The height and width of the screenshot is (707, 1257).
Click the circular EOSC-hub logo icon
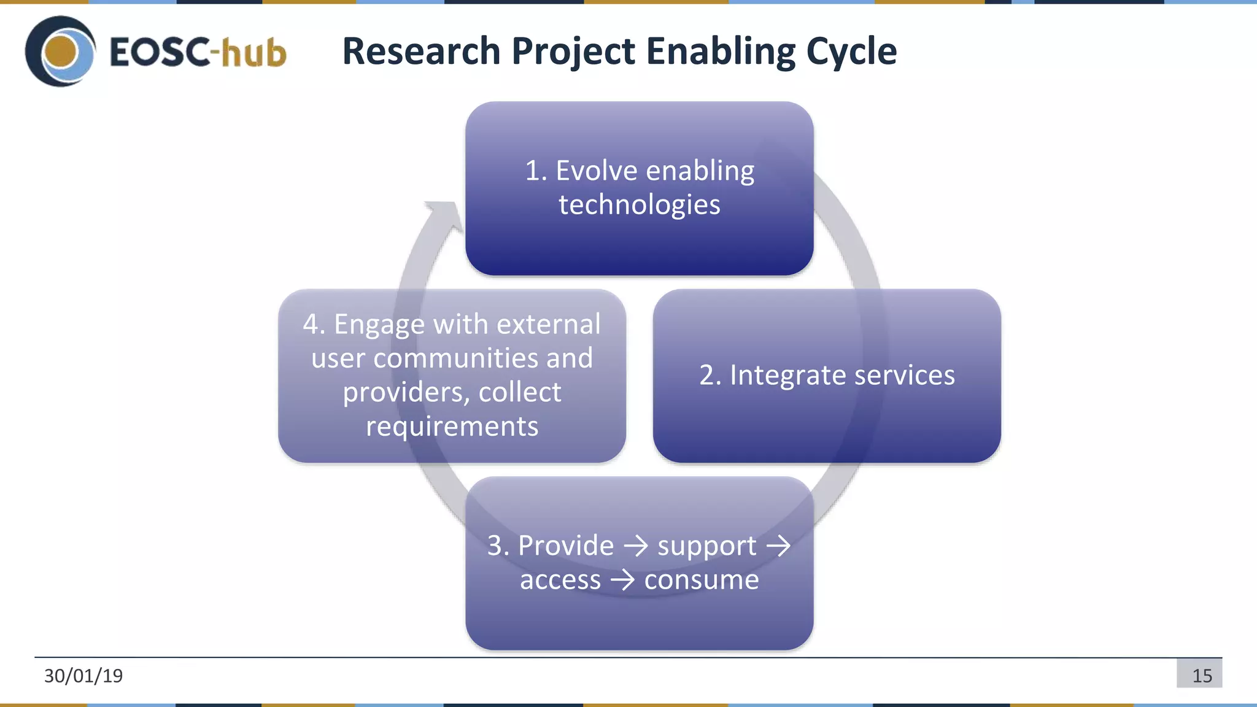click(60, 52)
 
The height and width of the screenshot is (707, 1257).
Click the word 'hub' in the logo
click(253, 52)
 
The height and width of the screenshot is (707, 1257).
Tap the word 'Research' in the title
click(421, 51)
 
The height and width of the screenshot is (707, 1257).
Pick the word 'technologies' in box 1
click(639, 204)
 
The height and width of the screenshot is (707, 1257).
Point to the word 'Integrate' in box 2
click(788, 376)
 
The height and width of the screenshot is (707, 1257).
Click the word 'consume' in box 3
click(701, 580)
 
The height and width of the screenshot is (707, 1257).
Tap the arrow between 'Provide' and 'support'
click(636, 546)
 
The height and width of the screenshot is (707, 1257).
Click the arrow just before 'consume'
click(622, 580)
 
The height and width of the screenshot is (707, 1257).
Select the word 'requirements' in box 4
click(452, 427)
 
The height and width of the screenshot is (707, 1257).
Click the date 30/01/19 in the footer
click(83, 676)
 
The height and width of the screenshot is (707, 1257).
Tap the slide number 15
click(1201, 676)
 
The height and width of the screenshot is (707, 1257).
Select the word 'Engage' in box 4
click(379, 325)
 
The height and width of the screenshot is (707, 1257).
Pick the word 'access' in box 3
click(560, 580)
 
